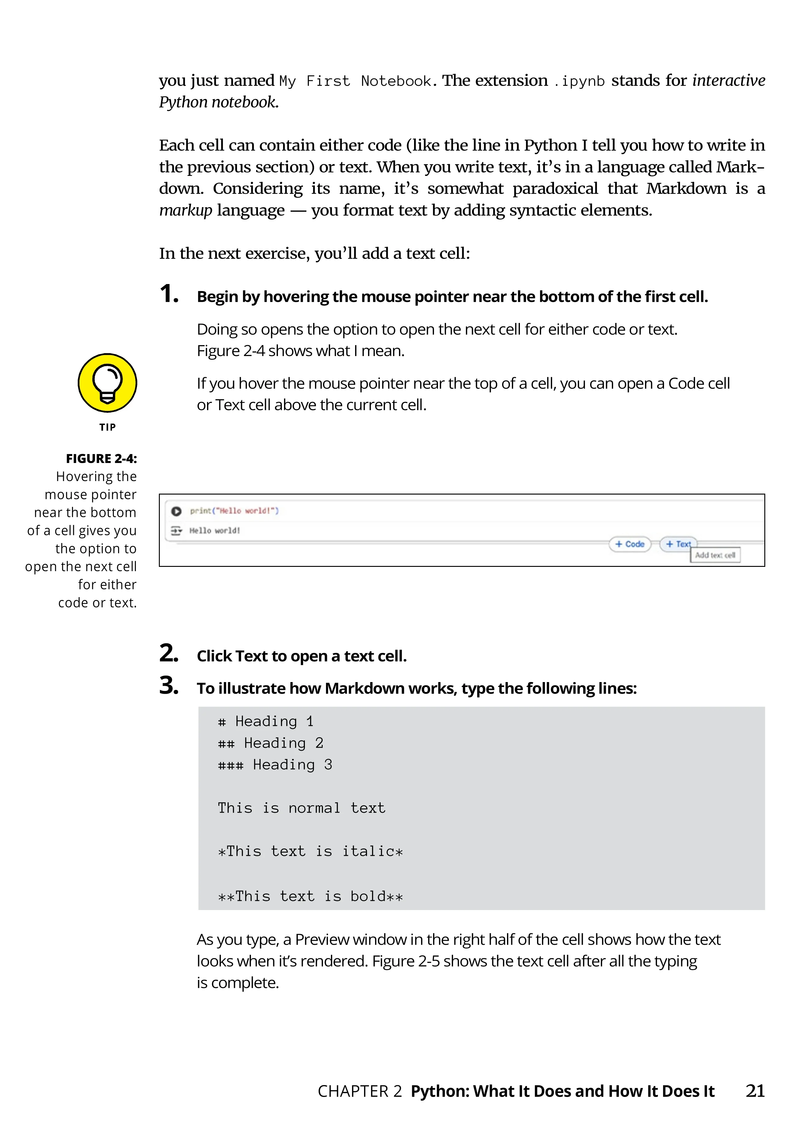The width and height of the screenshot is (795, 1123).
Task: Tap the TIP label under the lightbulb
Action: click(108, 427)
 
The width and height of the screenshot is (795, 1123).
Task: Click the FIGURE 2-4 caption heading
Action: click(101, 458)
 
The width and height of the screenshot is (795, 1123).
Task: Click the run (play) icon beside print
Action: click(176, 511)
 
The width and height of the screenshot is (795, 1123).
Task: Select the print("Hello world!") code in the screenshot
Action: click(235, 510)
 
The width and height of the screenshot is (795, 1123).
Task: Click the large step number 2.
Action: click(169, 654)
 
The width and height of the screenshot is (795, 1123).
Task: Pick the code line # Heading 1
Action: click(266, 721)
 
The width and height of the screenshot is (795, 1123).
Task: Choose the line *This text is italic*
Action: click(310, 852)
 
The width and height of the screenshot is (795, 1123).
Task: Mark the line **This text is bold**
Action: click(310, 897)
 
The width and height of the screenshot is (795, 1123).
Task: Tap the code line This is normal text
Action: click(301, 808)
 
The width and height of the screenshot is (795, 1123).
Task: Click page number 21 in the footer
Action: click(755, 1091)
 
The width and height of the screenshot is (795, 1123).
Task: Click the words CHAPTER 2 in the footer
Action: click(360, 1091)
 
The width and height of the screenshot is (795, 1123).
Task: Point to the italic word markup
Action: click(186, 210)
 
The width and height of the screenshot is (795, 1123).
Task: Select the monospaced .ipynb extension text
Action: click(580, 81)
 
